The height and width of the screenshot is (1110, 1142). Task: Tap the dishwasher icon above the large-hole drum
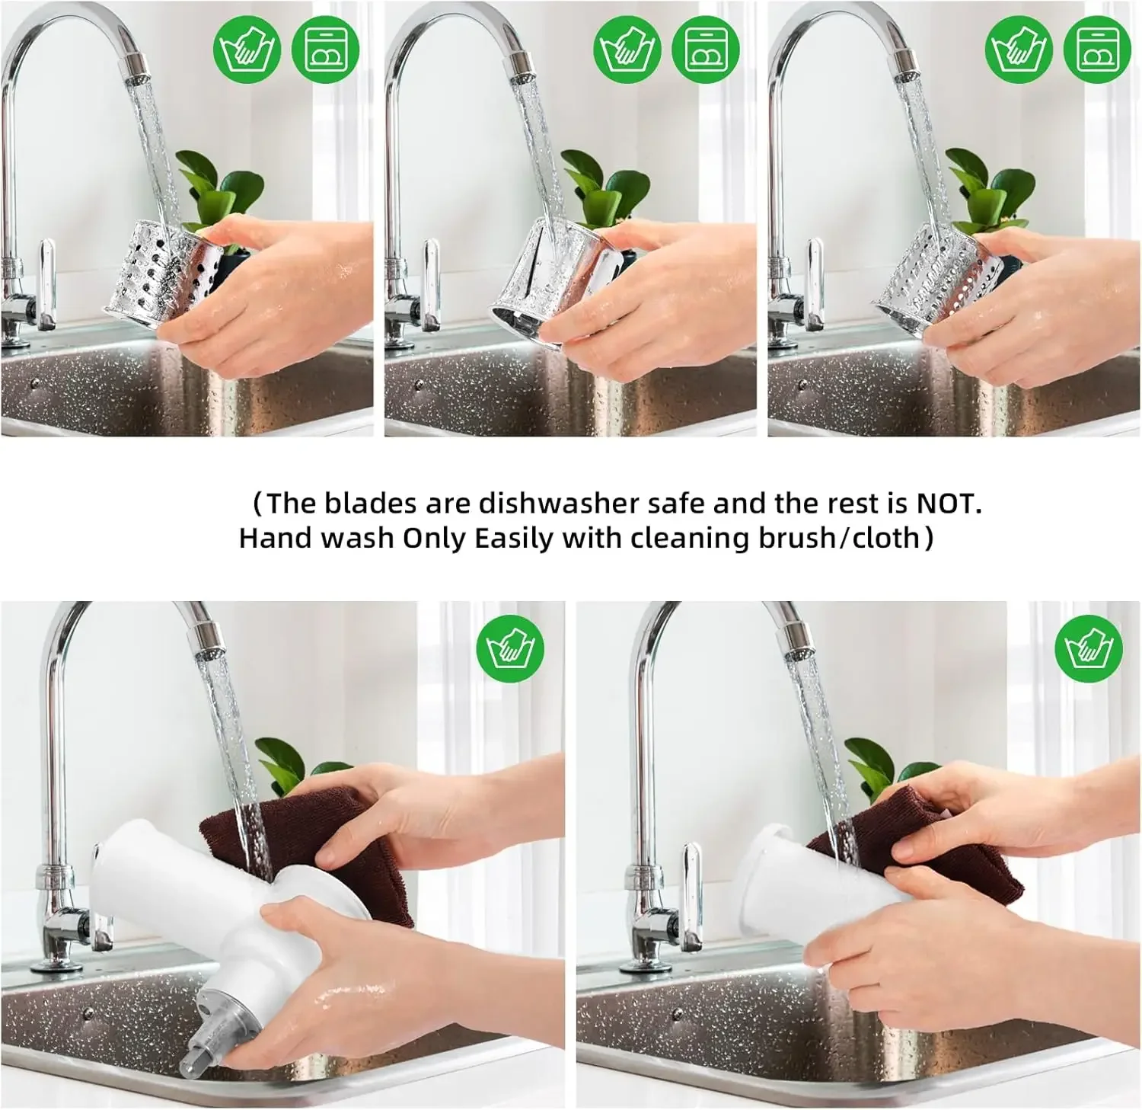[326, 50]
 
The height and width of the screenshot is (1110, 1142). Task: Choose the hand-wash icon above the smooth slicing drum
[627, 50]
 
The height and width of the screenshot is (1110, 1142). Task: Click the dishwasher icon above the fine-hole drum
[1097, 50]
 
